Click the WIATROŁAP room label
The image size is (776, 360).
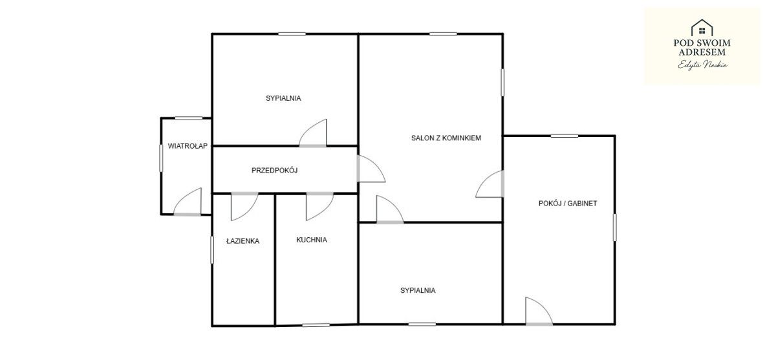(188, 146)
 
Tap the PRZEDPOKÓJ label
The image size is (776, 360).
(274, 171)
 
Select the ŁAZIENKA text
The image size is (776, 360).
(242, 241)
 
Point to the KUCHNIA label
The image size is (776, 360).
(312, 240)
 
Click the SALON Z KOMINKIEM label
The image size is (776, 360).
(446, 138)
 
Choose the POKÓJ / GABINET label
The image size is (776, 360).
(568, 204)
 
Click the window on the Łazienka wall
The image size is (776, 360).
(212, 250)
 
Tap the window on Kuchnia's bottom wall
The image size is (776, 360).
(316, 325)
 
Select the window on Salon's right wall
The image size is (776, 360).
(502, 82)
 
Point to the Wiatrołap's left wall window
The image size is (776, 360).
(161, 158)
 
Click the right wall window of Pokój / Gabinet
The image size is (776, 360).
(615, 228)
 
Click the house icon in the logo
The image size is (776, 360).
(702, 28)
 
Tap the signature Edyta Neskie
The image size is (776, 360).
(702, 65)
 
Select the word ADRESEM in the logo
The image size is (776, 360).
(702, 52)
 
